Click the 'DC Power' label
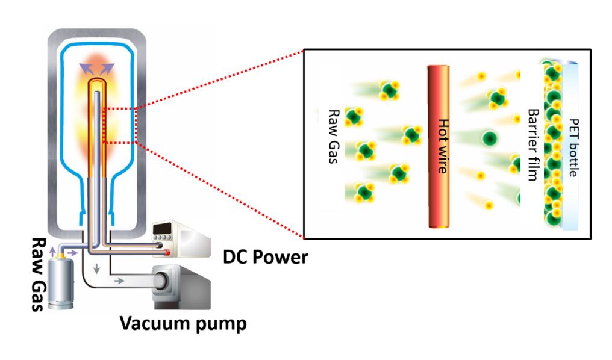tap(266, 258)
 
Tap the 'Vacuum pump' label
tap(183, 324)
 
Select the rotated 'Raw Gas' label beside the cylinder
tap(39, 274)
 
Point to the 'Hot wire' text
tap(443, 146)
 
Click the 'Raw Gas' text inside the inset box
tap(333, 136)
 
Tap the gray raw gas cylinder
tap(60, 283)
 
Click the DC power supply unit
tap(181, 238)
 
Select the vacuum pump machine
tap(181, 287)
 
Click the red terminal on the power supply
tap(167, 253)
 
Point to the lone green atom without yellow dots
tap(490, 138)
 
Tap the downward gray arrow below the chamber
tap(96, 268)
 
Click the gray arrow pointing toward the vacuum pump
tap(119, 281)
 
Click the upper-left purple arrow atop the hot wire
tap(87, 69)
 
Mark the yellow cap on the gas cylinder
tap(60, 256)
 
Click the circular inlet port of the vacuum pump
tap(161, 281)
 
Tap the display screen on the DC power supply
tap(163, 228)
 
